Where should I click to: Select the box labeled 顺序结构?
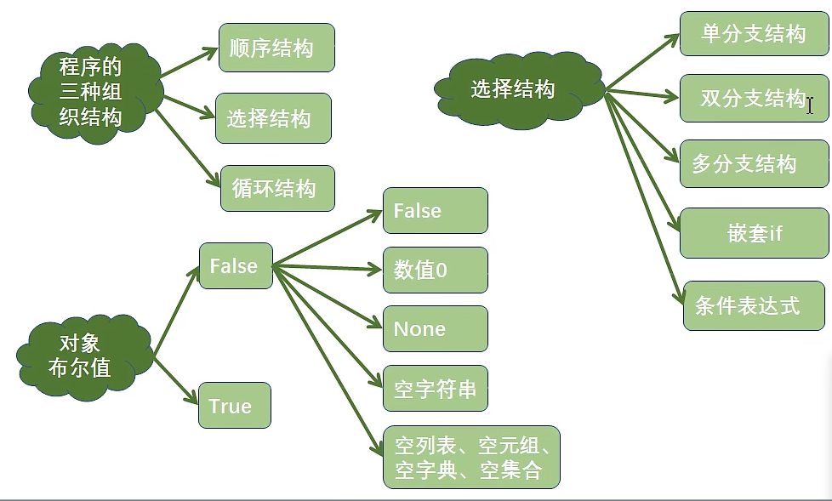tap(276, 48)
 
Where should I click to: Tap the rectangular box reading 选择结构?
tap(273, 118)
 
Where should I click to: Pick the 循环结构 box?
tap(277, 188)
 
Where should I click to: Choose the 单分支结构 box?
tap(754, 34)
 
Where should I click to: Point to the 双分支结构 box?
tap(754, 98)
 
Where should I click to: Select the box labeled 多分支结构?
tap(754, 163)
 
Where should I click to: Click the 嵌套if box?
tap(754, 232)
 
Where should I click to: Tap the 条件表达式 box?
tap(754, 305)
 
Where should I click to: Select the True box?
tap(234, 406)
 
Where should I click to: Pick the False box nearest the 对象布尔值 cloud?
tap(235, 266)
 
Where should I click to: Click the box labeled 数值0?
tap(436, 270)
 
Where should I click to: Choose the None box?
tap(436, 328)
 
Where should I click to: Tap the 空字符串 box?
tap(436, 389)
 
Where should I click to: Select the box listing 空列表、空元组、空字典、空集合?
tap(471, 458)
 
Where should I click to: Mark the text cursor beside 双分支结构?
tap(811, 105)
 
